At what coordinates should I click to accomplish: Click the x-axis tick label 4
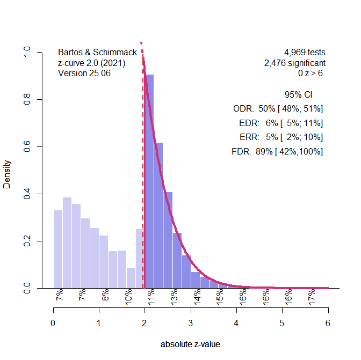(x=236, y=324)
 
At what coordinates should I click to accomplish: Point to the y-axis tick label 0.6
(x=26, y=146)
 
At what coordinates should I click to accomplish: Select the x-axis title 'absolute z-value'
(x=190, y=344)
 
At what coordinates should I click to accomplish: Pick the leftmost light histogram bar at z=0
(x=58, y=249)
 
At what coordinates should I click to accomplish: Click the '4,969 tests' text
(x=305, y=53)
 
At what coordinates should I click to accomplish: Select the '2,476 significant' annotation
(x=294, y=63)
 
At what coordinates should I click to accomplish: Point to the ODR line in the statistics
(x=278, y=109)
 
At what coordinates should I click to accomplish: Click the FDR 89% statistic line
(x=277, y=152)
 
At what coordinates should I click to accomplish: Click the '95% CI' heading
(x=298, y=95)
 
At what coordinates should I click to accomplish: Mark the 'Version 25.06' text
(x=84, y=74)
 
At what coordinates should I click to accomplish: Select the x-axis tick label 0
(x=53, y=324)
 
